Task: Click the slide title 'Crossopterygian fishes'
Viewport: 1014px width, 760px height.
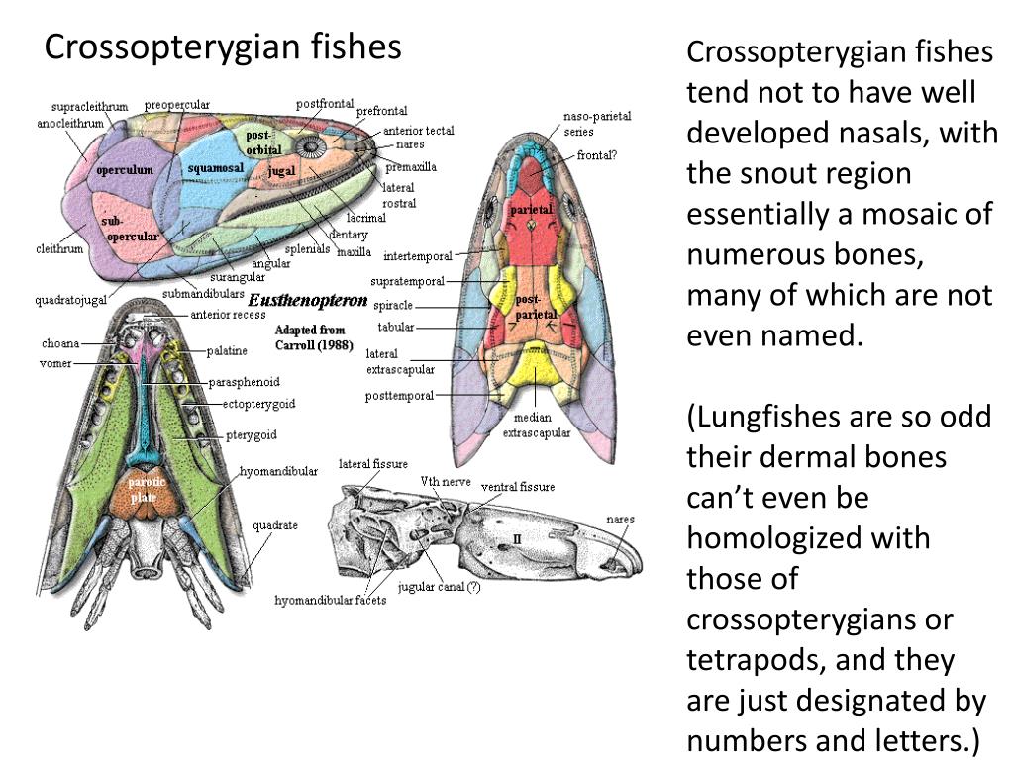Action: [223, 47]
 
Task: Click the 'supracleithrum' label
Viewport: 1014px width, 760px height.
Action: [89, 106]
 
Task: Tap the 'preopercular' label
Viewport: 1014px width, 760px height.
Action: [177, 105]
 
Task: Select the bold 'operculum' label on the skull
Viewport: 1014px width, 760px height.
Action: [125, 170]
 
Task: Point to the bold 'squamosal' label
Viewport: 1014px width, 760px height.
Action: [215, 168]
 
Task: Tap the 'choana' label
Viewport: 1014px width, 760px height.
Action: [60, 343]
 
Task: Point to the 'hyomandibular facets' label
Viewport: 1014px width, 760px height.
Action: [323, 601]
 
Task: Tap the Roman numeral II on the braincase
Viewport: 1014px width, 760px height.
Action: [516, 537]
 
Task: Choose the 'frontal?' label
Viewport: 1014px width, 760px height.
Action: [598, 154]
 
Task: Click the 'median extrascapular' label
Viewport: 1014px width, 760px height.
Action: [536, 426]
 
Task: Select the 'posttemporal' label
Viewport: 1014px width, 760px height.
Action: [399, 396]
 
